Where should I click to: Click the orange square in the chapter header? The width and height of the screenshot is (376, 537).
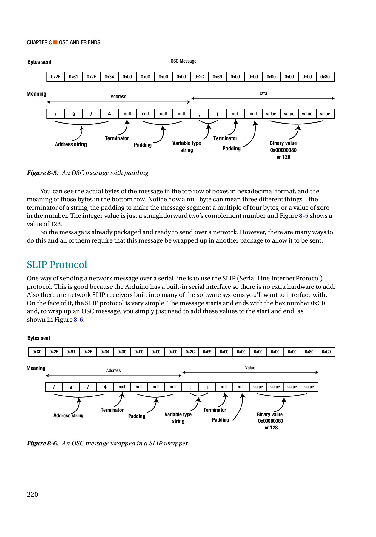55,42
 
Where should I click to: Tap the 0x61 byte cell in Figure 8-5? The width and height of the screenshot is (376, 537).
73,77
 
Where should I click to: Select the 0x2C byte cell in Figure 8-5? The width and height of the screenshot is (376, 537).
199,77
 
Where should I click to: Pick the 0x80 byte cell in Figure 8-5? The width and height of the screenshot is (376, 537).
325,77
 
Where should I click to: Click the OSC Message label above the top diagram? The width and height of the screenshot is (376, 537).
184,61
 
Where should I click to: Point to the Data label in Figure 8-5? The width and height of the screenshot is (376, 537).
263,94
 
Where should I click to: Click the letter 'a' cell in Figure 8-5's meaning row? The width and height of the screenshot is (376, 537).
73,114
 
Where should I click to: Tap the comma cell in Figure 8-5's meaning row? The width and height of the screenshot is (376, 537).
199,114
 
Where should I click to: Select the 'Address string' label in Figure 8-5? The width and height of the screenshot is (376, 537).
71,144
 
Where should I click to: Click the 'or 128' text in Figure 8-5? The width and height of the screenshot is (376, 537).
283,157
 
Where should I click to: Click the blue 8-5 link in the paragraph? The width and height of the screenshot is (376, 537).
303,216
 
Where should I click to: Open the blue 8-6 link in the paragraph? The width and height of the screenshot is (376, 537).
78,320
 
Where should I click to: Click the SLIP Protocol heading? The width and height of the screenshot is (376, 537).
57,265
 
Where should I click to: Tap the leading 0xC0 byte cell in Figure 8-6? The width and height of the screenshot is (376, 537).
37,352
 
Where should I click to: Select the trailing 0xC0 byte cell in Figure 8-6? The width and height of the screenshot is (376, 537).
326,352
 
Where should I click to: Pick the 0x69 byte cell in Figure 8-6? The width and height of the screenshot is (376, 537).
207,352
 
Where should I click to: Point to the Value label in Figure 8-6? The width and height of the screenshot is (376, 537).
250,368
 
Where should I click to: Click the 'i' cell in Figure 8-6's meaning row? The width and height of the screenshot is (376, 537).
207,387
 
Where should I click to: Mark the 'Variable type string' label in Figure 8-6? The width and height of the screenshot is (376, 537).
178,418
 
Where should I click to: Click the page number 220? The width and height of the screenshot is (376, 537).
33,494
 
